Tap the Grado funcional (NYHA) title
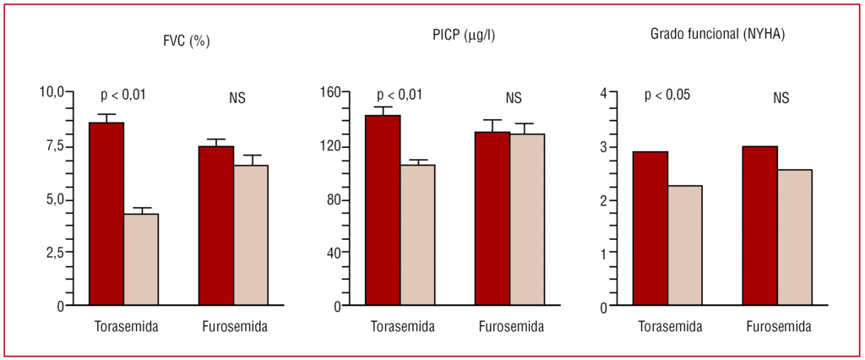pyautogui.click(x=719, y=35)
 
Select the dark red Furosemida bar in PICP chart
pyautogui.click(x=492, y=219)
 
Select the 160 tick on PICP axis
pyautogui.click(x=329, y=92)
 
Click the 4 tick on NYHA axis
pyautogui.click(x=603, y=92)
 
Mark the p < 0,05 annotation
pyautogui.click(x=667, y=95)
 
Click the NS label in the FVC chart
pyautogui.click(x=237, y=98)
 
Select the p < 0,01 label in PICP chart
pyautogui.click(x=400, y=95)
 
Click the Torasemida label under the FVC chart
pyautogui.click(x=127, y=327)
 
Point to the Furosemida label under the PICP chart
pyautogui.click(x=511, y=327)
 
